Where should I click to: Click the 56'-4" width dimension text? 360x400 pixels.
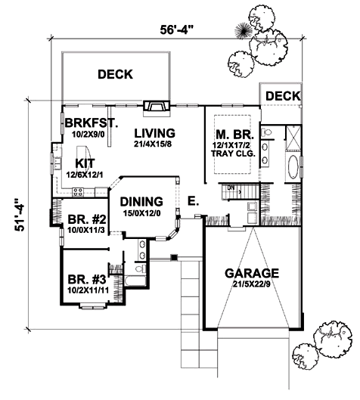pyautogui.click(x=175, y=29)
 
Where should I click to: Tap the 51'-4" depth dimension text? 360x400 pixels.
pyautogui.click(x=20, y=214)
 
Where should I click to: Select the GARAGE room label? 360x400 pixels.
pyautogui.click(x=252, y=273)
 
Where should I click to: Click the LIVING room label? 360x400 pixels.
pyautogui.click(x=154, y=133)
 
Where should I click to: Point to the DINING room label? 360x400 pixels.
pyautogui.click(x=141, y=202)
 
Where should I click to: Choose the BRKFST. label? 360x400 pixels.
pyautogui.click(x=92, y=122)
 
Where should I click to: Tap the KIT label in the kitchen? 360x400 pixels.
pyautogui.click(x=85, y=163)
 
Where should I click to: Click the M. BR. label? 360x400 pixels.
pyautogui.click(x=234, y=135)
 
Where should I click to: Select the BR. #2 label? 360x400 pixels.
pyautogui.click(x=87, y=219)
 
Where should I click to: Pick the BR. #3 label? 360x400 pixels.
pyautogui.click(x=87, y=280)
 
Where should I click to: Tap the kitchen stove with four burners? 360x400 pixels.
pyautogui.click(x=78, y=192)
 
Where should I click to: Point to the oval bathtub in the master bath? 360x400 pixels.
pyautogui.click(x=293, y=167)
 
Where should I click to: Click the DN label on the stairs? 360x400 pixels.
pyautogui.click(x=231, y=188)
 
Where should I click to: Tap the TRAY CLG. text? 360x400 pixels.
pyautogui.click(x=233, y=153)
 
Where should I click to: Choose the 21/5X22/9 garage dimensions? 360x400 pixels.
pyautogui.click(x=252, y=284)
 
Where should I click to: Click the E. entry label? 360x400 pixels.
pyautogui.click(x=193, y=201)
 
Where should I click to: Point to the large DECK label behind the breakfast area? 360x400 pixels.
pyautogui.click(x=115, y=74)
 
